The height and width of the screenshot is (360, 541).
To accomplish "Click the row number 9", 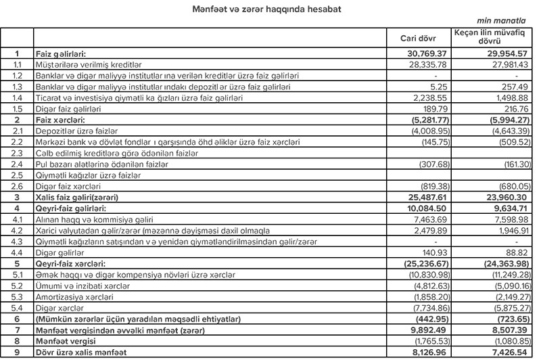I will click(x=18, y=351).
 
